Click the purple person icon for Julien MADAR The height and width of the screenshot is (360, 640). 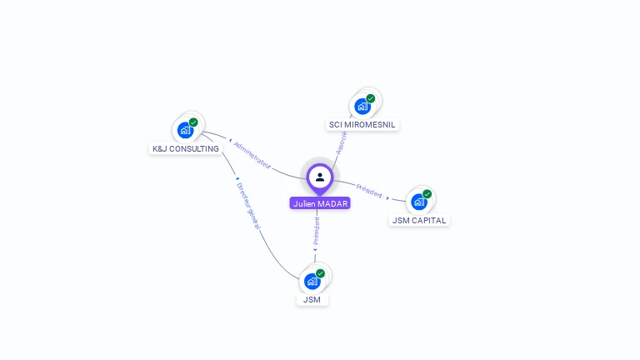click(x=320, y=177)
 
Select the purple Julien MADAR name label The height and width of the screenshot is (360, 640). click(x=320, y=203)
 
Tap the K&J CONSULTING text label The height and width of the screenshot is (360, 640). click(x=186, y=149)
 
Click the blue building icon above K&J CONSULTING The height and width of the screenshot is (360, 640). click(x=185, y=130)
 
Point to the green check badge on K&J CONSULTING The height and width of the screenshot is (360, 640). click(x=193, y=122)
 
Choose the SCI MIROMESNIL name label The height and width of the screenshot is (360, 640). click(x=362, y=125)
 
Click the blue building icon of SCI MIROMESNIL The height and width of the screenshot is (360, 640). click(x=362, y=106)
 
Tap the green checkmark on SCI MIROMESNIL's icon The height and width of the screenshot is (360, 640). click(x=371, y=98)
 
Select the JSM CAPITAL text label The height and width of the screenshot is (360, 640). click(x=419, y=221)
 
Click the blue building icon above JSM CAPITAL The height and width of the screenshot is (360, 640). click(x=418, y=202)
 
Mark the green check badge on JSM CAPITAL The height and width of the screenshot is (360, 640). click(x=427, y=194)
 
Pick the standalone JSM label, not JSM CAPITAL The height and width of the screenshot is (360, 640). click(x=312, y=299)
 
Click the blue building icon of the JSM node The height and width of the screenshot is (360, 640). click(x=312, y=281)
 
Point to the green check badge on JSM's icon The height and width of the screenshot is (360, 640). click(x=320, y=273)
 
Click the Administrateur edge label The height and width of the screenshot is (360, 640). click(x=252, y=156)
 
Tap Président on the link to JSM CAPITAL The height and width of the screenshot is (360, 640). click(x=369, y=189)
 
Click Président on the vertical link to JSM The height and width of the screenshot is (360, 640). click(x=316, y=232)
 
